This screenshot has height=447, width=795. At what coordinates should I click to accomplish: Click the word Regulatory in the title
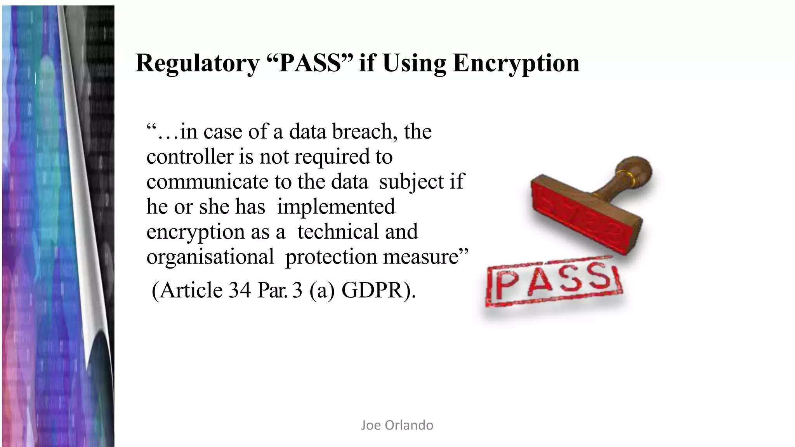197,64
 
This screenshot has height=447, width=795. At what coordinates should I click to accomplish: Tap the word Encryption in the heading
516,64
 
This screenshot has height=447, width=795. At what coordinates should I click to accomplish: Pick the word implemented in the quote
336,207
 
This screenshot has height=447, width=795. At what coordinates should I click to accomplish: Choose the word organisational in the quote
210,257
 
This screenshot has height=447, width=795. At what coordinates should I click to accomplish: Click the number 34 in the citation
240,290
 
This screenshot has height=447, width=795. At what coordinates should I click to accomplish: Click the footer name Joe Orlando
397,425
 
